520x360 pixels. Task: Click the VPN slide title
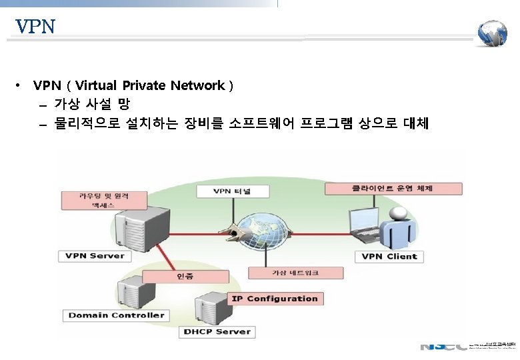pos(35,27)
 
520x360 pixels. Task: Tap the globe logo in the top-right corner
pos(493,33)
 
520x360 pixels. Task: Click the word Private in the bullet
pos(144,85)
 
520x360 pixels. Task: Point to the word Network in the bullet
pos(197,85)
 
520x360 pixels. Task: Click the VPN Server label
pos(95,256)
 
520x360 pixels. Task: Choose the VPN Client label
pos(389,256)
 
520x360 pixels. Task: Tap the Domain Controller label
pos(116,315)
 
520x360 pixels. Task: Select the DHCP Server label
pos(217,331)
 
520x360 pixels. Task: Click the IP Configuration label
pos(274,299)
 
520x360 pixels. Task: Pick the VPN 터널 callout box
pos(232,191)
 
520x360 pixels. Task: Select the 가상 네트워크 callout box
pos(295,273)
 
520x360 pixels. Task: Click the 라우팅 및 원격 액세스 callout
pos(104,200)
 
